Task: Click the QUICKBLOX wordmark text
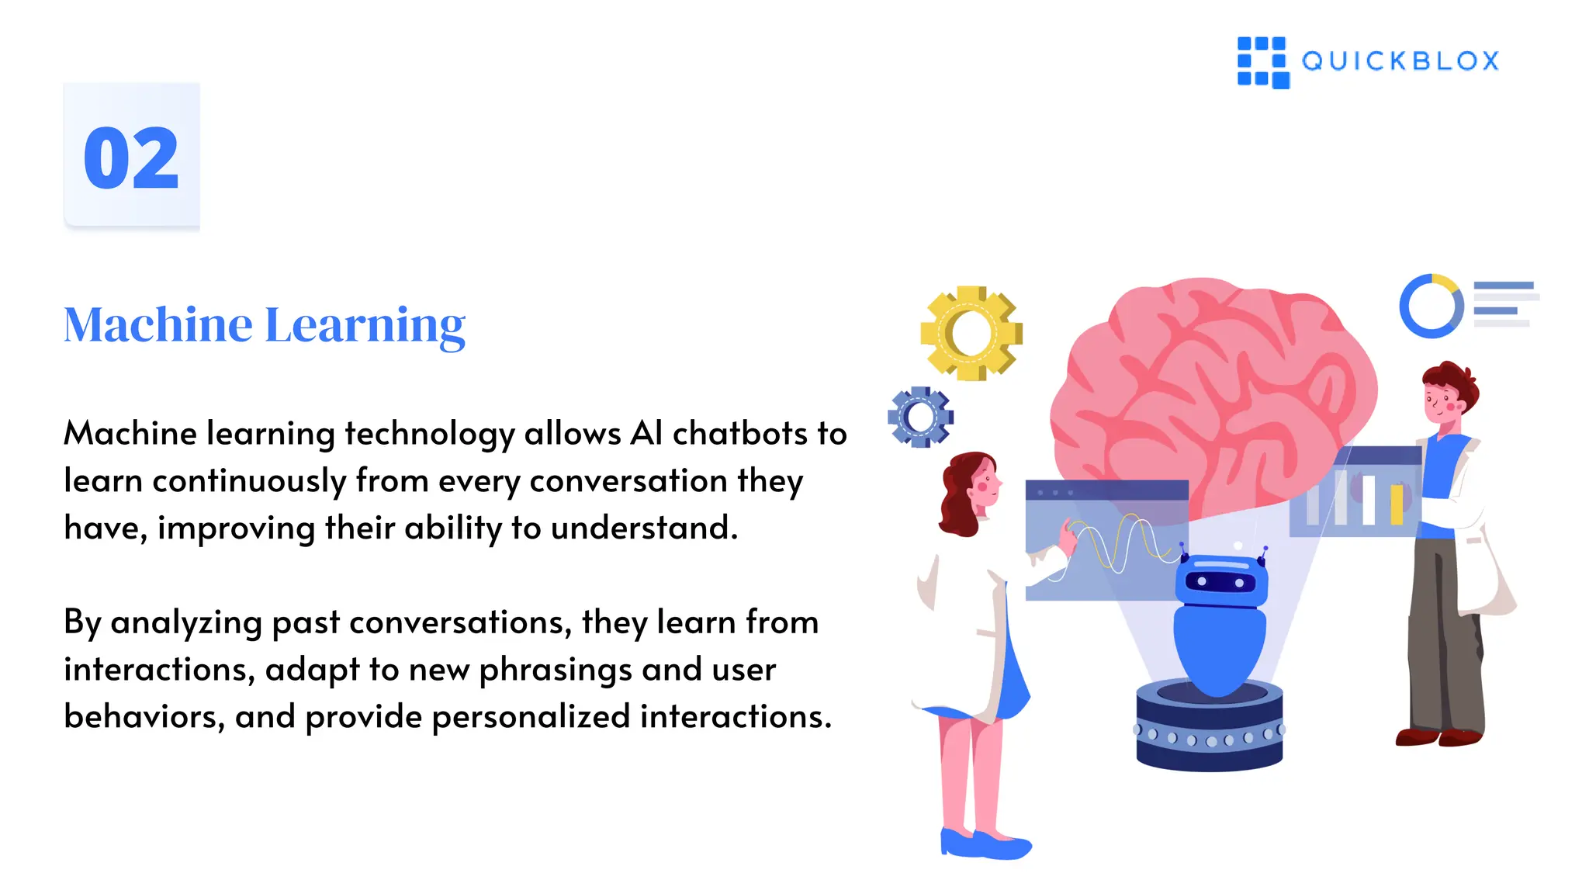pos(1400,61)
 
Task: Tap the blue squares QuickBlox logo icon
pos(1262,62)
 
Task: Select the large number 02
pos(131,158)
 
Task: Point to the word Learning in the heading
pos(365,326)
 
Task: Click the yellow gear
pos(971,333)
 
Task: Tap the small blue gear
pos(920,418)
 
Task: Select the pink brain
pos(1210,388)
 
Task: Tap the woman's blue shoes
pos(985,844)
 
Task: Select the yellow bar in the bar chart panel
pos(1397,504)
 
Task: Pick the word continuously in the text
pos(249,481)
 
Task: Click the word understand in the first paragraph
pos(643,528)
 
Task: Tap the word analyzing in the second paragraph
pos(186,623)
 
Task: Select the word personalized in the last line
pos(531,717)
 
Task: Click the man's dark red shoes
pos(1439,736)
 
